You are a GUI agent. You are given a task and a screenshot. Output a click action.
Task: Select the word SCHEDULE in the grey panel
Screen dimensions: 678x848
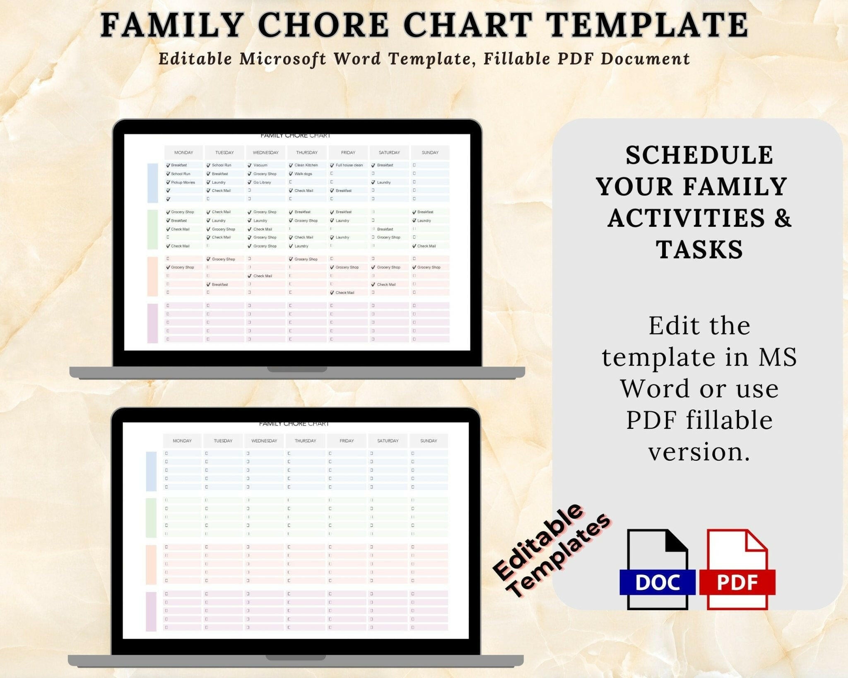click(699, 155)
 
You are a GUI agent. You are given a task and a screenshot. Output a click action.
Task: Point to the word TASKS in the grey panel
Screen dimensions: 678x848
click(699, 250)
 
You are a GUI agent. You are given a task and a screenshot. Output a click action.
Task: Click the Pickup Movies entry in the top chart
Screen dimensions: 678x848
click(183, 182)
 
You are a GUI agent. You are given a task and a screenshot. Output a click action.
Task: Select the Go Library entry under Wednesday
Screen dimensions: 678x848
click(262, 182)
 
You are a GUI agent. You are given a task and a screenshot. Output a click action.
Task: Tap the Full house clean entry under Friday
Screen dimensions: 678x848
click(349, 165)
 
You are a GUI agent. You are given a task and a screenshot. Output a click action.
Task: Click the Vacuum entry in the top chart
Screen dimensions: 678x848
click(260, 165)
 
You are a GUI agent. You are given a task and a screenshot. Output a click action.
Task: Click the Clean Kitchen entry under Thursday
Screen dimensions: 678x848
click(306, 165)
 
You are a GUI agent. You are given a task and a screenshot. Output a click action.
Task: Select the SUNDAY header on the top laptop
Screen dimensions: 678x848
click(430, 153)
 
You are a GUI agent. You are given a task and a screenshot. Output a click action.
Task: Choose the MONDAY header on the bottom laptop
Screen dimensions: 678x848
click(182, 441)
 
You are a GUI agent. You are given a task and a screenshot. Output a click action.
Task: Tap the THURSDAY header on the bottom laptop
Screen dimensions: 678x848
click(305, 441)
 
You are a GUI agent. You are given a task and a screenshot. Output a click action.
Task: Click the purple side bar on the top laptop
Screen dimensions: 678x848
click(153, 323)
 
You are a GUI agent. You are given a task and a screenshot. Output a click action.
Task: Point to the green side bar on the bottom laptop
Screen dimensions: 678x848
click(151, 517)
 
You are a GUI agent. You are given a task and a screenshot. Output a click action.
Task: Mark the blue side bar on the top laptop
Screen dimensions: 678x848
click(153, 183)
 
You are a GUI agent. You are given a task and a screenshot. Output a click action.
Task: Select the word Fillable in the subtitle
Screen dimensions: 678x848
click(516, 59)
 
